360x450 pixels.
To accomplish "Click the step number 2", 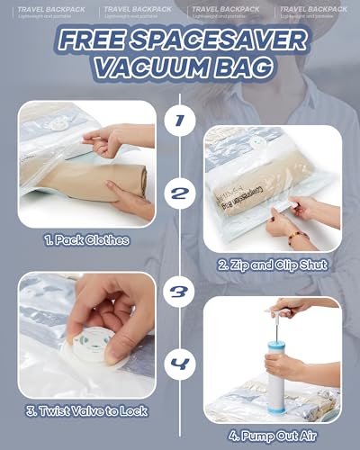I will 179,193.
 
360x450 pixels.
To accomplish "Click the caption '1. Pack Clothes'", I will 87,240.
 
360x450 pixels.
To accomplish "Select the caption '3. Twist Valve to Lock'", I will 87,410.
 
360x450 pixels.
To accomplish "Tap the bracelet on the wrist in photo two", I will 293,236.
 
